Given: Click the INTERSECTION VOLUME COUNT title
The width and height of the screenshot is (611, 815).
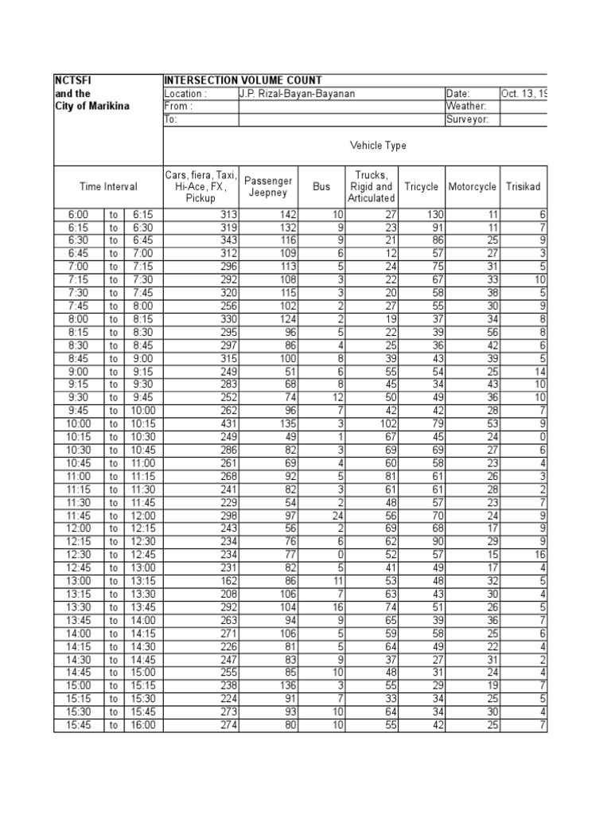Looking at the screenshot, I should click(243, 80).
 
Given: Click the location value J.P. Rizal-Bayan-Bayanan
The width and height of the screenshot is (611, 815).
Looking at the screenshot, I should click(298, 94).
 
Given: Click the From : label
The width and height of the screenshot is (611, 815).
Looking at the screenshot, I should click(178, 107).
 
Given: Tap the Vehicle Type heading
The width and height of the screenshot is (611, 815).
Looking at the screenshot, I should click(378, 146).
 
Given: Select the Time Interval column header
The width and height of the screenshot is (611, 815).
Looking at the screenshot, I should click(108, 186).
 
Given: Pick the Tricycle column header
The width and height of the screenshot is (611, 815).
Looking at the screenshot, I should click(421, 186).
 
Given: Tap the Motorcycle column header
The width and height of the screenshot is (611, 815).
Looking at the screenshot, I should click(472, 186).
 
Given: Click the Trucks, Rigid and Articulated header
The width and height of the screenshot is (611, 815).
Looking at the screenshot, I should click(372, 186).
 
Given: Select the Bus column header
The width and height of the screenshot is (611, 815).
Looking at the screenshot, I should click(321, 186).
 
